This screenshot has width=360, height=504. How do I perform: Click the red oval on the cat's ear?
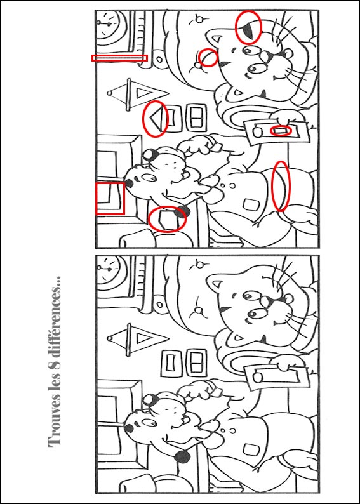pos(248,27)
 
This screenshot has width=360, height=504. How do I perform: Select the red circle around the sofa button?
pos(208,58)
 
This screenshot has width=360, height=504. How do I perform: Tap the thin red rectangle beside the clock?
pos(119,58)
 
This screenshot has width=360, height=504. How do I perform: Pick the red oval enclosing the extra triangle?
pos(156,118)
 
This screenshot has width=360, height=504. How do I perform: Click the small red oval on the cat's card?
pos(281,131)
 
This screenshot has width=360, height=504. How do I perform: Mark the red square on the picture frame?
pos(110,198)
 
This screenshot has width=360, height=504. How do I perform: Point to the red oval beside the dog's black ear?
pos(167,219)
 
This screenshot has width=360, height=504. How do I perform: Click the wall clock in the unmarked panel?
pos(110,270)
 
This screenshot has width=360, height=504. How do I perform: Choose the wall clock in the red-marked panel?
pos(110,25)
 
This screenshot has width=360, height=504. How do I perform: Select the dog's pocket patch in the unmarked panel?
pos(250,449)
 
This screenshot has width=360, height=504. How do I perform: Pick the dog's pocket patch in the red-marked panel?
pos(250,205)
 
